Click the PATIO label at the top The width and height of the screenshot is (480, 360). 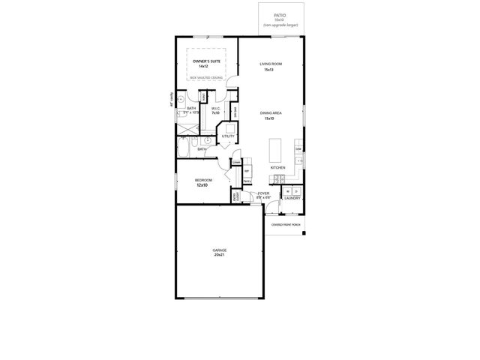pos(280,12)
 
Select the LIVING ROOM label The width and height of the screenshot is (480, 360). pos(270,64)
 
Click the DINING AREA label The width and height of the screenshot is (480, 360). pos(271,112)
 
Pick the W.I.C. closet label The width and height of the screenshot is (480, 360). pos(215,108)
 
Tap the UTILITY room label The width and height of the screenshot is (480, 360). pos(227,136)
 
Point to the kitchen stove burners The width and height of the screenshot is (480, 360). pos(278,178)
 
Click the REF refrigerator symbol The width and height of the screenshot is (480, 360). pos(247,171)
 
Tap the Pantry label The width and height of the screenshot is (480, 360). pos(247,181)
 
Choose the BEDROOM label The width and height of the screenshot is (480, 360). pos(204,180)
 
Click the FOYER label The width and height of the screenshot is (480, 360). pos(263,193)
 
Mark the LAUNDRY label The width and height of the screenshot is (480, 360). pos(292,199)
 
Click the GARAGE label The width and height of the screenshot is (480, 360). pos(219,250)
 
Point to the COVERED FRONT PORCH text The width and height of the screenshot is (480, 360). pos(286,224)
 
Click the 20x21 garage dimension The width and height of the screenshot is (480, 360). pos(219,256)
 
